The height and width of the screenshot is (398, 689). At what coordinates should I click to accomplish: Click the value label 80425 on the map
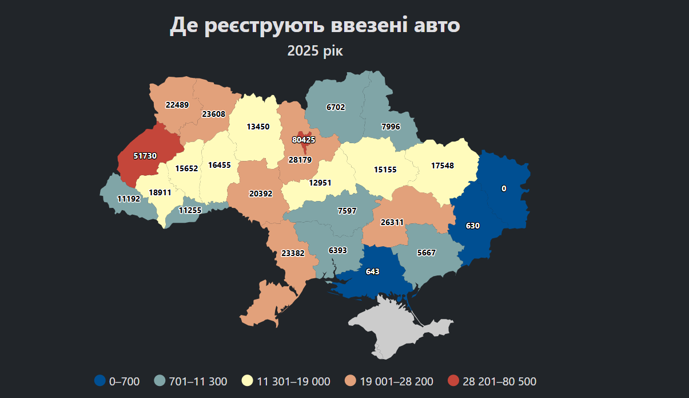click(x=303, y=140)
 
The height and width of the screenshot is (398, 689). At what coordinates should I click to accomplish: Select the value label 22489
click(x=177, y=105)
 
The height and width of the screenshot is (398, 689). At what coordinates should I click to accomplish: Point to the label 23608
click(x=213, y=114)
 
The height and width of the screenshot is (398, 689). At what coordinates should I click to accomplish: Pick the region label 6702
click(x=336, y=107)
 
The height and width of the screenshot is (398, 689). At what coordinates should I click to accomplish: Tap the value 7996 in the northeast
click(x=391, y=127)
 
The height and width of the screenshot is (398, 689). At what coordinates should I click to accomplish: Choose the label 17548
click(x=442, y=165)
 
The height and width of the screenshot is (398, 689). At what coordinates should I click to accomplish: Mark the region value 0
click(x=504, y=188)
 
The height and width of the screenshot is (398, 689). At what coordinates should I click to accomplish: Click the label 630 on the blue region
click(x=472, y=226)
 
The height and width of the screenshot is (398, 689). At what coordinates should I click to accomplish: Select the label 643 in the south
click(x=372, y=271)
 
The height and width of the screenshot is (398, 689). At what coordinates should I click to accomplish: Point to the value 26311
click(x=392, y=222)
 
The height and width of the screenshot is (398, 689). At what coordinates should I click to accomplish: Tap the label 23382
click(x=293, y=253)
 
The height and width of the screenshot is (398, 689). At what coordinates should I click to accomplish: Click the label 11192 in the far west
click(x=129, y=199)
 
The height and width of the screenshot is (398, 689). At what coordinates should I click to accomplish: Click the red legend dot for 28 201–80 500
click(x=453, y=381)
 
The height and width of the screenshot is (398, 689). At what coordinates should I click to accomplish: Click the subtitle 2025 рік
click(x=315, y=51)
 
